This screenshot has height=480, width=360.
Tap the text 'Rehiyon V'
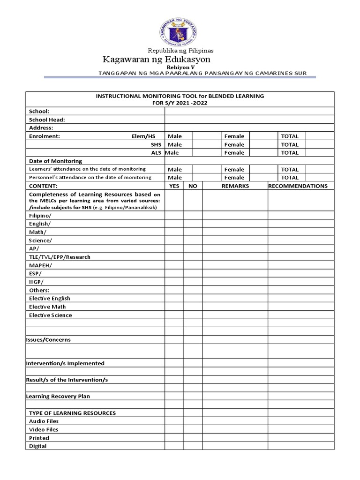click(180, 68)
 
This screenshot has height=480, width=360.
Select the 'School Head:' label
click(47, 120)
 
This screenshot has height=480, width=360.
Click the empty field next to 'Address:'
click(249, 127)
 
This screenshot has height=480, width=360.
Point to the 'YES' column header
click(174, 186)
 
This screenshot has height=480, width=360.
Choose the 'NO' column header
click(193, 186)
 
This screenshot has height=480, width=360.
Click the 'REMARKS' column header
click(235, 186)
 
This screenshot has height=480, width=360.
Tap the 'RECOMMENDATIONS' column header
click(298, 186)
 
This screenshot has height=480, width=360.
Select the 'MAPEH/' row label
click(41, 265)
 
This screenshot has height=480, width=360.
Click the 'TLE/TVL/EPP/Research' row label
click(60, 257)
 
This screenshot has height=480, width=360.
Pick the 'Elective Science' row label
click(51, 315)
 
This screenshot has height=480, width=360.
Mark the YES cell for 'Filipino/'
click(174, 216)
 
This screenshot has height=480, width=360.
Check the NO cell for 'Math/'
click(193, 232)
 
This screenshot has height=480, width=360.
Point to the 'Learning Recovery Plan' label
click(58, 396)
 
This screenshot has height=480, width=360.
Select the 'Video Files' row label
click(44, 429)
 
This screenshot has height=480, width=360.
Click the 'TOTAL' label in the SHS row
click(289, 144)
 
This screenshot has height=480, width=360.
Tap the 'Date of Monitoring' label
click(55, 161)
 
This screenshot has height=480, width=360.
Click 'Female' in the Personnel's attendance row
click(234, 178)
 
